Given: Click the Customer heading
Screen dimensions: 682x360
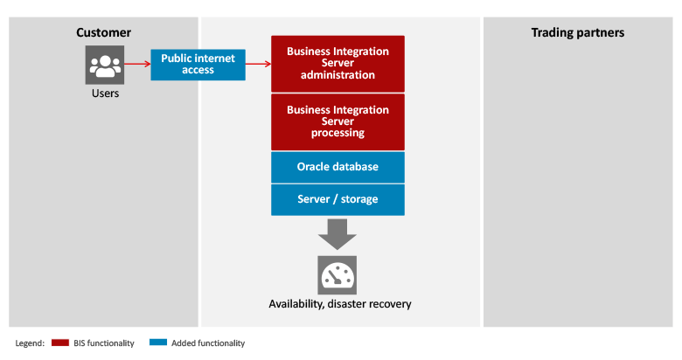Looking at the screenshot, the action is pyautogui.click(x=103, y=32).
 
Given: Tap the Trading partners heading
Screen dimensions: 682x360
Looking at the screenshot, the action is pyautogui.click(x=578, y=32).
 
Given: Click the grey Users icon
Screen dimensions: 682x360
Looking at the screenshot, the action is pyautogui.click(x=105, y=65).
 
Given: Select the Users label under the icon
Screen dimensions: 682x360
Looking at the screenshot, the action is pyautogui.click(x=105, y=93).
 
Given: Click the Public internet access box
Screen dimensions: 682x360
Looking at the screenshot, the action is pyautogui.click(x=198, y=65).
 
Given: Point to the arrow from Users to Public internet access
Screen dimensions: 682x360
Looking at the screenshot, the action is pyautogui.click(x=137, y=65).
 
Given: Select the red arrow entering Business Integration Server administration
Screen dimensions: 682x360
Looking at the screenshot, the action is pyautogui.click(x=258, y=65).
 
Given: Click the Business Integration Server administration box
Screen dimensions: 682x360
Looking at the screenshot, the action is pyautogui.click(x=338, y=64).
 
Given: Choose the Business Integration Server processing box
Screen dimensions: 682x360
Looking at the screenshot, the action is pyautogui.click(x=338, y=122).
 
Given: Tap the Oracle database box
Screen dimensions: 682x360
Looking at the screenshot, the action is pyautogui.click(x=338, y=167).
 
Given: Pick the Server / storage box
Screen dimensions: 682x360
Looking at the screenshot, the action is pyautogui.click(x=338, y=199).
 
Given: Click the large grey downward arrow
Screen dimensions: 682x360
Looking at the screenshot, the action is pyautogui.click(x=338, y=234).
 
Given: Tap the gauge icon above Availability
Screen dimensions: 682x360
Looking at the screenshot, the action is pyautogui.click(x=338, y=275).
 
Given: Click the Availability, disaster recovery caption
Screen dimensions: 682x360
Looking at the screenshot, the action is pyautogui.click(x=340, y=304).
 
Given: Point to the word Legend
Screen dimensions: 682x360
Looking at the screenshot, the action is pyautogui.click(x=30, y=343).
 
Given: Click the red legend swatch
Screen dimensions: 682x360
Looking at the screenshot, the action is pyautogui.click(x=60, y=343).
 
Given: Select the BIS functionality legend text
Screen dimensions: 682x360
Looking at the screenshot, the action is pyautogui.click(x=104, y=343).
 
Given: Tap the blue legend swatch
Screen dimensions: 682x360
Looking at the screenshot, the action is pyautogui.click(x=158, y=343).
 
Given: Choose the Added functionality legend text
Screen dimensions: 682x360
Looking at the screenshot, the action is pyautogui.click(x=208, y=343).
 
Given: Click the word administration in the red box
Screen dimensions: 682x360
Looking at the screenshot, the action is pyautogui.click(x=338, y=75).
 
